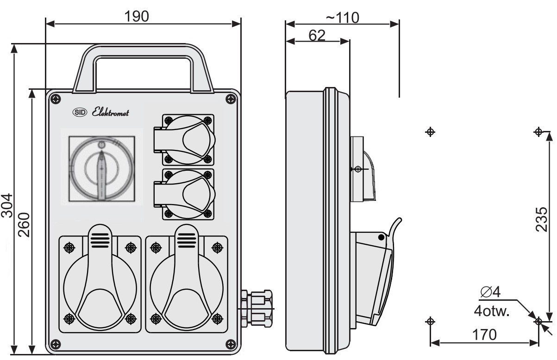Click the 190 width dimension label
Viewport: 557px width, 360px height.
pos(137,16)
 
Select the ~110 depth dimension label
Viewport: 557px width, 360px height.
pos(343,18)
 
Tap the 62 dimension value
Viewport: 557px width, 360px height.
pos(317,35)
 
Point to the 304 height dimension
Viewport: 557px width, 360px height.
pos(7,205)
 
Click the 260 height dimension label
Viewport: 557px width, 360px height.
pos(24,225)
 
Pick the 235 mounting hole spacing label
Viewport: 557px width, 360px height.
pos(541,220)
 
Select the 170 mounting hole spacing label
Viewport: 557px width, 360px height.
pos(484,335)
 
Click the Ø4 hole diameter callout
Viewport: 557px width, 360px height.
pos(490,292)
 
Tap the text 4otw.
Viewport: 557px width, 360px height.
pos(492,311)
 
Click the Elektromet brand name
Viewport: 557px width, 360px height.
pos(110,112)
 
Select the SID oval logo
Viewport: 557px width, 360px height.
pos(80,112)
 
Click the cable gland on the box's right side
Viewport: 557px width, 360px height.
pos(256,309)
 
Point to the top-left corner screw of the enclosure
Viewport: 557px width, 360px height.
pos(56,99)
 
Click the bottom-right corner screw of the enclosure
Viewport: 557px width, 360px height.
pos(231,344)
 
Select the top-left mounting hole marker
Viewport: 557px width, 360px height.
pos(430,132)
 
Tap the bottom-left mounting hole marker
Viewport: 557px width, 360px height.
pos(430,321)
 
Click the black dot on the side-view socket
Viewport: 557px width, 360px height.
pos(381,237)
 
